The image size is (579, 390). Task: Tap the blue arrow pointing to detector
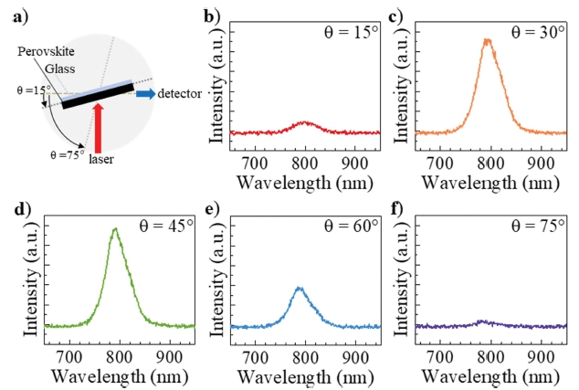pos(144,92)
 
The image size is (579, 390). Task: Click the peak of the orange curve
pos(488,40)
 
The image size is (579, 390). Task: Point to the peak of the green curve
pos(114,229)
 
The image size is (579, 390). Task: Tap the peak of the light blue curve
pos(300,288)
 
